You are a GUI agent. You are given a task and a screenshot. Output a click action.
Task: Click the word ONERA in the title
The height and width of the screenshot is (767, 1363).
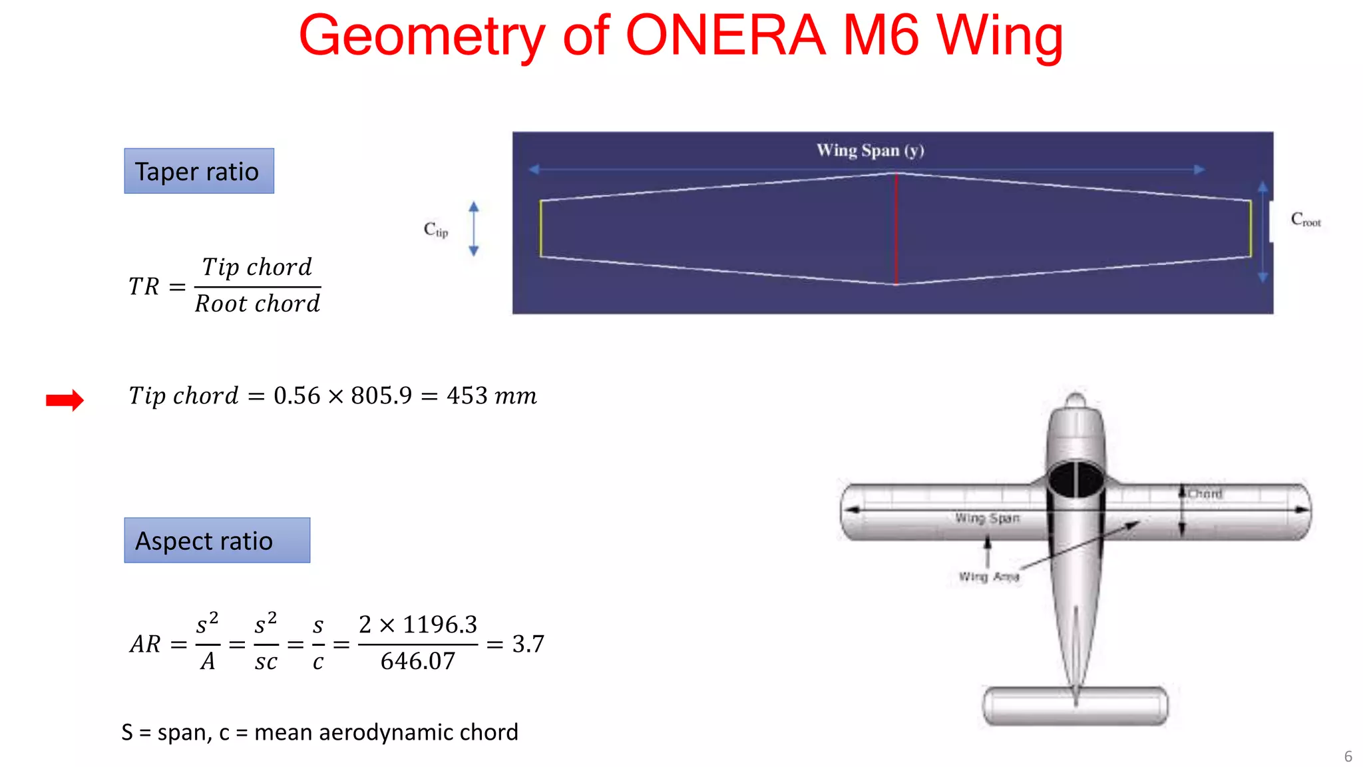[725, 36]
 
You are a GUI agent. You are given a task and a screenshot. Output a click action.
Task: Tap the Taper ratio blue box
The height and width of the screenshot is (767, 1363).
[199, 171]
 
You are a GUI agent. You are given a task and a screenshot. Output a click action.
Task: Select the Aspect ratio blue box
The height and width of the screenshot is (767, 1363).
[217, 541]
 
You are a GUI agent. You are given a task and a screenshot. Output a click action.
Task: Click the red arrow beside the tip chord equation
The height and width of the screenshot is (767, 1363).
[65, 399]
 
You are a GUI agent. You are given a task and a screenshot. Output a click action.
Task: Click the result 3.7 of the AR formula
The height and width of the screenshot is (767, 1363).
[528, 644]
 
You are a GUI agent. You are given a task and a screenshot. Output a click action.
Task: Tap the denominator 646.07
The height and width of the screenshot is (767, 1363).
[418, 661]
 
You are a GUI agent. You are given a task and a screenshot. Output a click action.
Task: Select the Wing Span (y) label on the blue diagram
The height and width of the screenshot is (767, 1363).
[870, 150]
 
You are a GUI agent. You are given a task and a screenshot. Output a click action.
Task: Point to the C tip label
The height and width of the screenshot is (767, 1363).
[436, 230]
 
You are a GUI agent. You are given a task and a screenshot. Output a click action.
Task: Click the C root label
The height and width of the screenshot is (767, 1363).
[1305, 220]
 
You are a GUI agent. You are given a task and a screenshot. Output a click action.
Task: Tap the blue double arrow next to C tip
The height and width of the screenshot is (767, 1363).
[474, 228]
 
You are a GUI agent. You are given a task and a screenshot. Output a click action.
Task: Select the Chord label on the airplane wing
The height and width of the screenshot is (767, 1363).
[1205, 494]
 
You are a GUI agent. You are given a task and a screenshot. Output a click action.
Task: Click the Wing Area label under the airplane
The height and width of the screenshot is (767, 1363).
[988, 577]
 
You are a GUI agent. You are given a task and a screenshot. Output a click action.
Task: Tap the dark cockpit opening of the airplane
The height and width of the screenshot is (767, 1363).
[1075, 479]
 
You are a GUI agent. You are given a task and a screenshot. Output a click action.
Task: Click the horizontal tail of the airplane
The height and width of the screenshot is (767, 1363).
[1075, 706]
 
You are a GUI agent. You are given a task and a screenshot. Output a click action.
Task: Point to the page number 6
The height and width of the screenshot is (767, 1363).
[1348, 756]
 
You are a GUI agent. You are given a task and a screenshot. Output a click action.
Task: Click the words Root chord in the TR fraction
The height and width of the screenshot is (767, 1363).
[258, 304]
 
